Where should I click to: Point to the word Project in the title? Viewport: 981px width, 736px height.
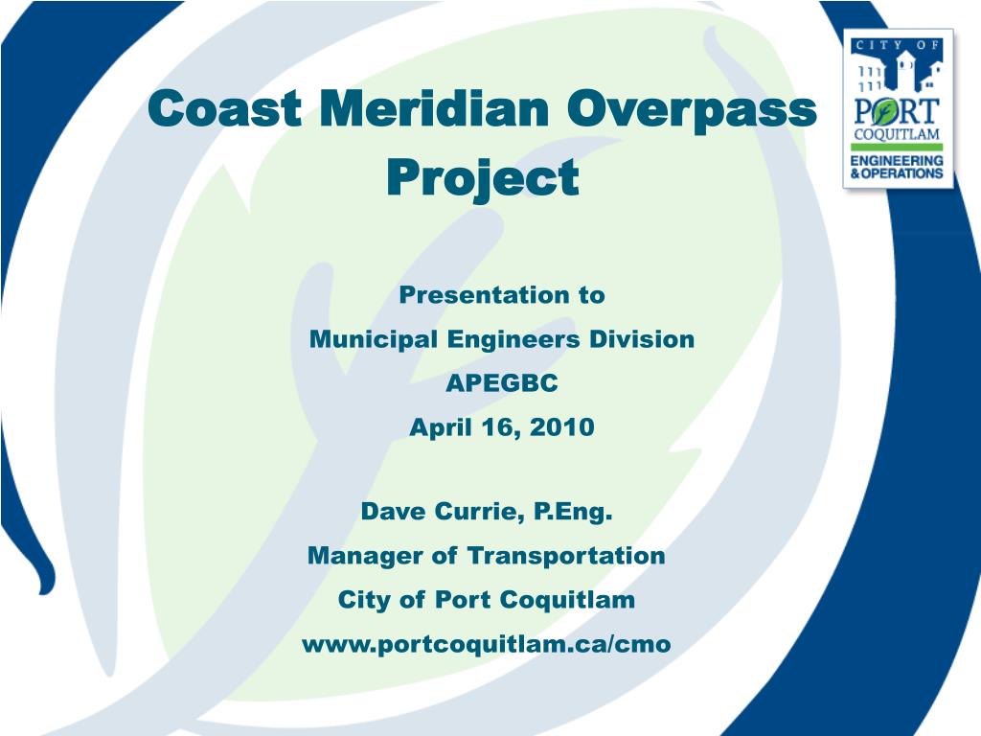[x=483, y=178]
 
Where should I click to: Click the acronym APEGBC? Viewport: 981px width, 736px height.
[x=501, y=383]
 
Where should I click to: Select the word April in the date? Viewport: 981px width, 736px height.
[x=437, y=427]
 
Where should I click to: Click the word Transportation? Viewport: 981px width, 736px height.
[x=566, y=556]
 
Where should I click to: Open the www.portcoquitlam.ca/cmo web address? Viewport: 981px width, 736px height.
[x=487, y=645]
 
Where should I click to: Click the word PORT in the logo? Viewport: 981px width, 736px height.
[x=898, y=106]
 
